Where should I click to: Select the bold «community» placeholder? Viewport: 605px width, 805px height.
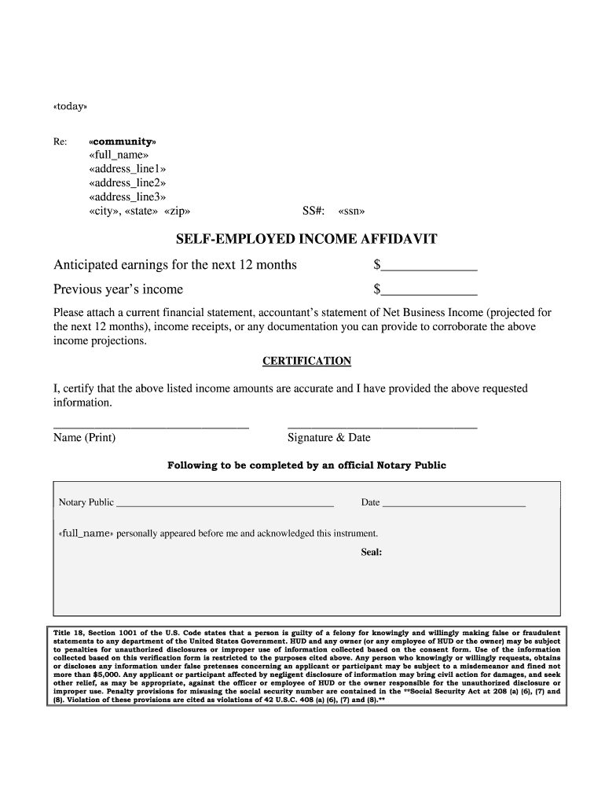tap(123, 141)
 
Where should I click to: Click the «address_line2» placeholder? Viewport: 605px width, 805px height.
tap(127, 182)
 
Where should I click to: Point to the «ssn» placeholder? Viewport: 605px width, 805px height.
tap(351, 211)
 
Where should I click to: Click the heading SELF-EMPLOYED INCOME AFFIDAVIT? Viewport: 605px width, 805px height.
tap(306, 238)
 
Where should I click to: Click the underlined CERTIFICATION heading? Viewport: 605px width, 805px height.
tap(306, 361)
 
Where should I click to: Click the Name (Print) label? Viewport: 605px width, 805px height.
tap(84, 438)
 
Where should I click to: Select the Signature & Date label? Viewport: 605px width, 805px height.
tap(329, 438)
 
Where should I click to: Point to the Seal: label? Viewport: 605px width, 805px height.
tap(371, 552)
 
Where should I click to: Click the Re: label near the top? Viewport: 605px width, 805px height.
tap(60, 142)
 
